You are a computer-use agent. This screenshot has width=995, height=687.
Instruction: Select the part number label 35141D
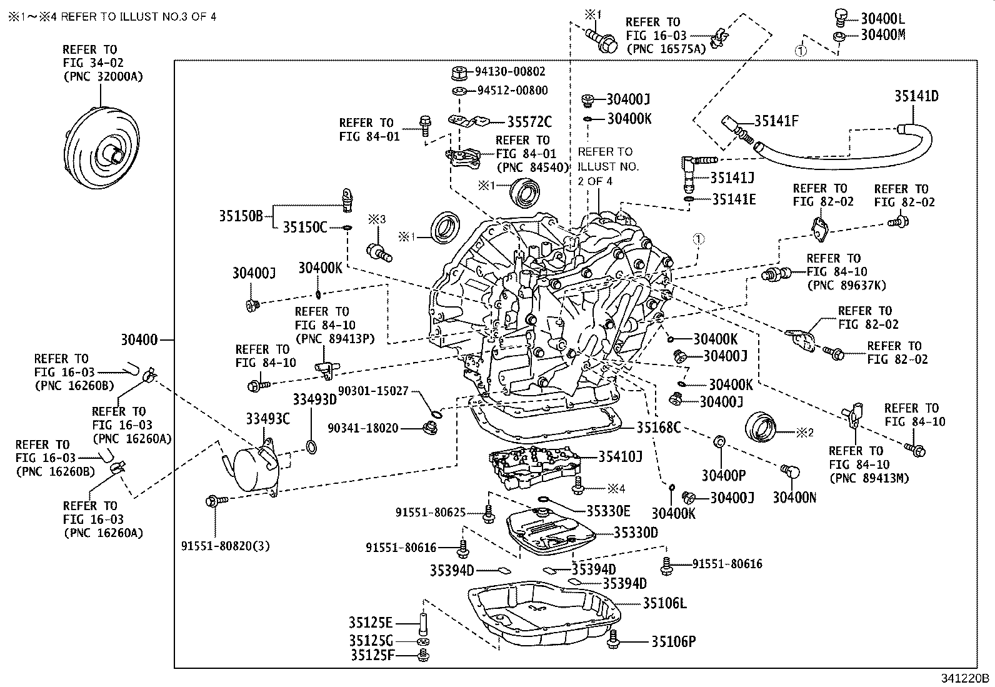tap(916, 96)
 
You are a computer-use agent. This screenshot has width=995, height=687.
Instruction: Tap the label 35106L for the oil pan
tap(664, 603)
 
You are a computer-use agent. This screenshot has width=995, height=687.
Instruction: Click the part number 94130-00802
tap(510, 71)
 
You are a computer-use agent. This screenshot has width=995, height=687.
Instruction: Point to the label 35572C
tap(529, 122)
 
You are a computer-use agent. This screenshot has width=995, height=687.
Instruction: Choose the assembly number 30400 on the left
tap(139, 340)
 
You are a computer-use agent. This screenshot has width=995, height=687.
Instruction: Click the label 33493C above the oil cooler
tap(268, 419)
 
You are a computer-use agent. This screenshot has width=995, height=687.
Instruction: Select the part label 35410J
tap(620, 456)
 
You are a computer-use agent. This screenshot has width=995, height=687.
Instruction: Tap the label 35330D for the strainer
tap(636, 533)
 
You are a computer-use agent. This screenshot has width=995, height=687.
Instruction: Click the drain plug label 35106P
tap(673, 641)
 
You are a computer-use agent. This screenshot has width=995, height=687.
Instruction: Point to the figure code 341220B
tap(965, 679)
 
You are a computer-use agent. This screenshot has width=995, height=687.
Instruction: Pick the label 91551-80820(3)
tap(225, 546)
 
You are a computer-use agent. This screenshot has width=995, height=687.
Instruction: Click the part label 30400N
tap(794, 498)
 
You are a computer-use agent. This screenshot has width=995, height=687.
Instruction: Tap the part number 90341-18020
tap(363, 428)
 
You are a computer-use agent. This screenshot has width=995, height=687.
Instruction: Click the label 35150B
tap(241, 216)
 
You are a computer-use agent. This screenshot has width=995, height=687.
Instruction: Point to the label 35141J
tap(732, 178)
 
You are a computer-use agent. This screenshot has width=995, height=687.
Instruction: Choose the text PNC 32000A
tap(103, 77)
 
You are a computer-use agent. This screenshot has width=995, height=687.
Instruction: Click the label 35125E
tap(371, 623)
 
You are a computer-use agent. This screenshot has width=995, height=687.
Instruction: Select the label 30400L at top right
tap(882, 19)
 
